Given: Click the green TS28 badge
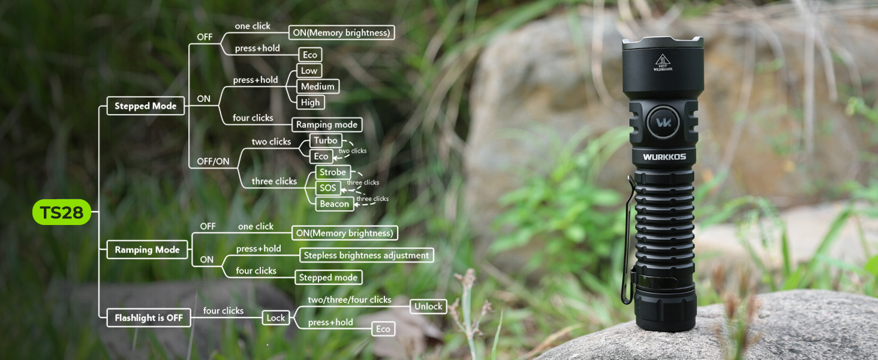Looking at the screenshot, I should click(61, 212).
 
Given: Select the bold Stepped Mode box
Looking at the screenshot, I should click(145, 106).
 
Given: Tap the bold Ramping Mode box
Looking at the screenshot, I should click(147, 250).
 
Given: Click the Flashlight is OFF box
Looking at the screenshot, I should click(148, 317).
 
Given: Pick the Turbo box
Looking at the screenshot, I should click(326, 140).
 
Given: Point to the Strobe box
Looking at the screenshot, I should click(332, 172).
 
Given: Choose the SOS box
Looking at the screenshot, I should click(327, 188).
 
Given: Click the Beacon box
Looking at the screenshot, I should click(334, 203).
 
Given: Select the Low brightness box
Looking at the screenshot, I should click(309, 71).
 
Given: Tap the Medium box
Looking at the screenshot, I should click(317, 86).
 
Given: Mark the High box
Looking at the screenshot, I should click(310, 103).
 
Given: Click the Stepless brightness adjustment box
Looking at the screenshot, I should click(366, 255).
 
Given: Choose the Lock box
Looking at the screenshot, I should click(275, 317).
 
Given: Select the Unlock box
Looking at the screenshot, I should click(428, 306).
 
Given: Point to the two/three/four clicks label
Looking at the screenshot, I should click(349, 299).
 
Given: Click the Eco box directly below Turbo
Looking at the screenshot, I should click(321, 156).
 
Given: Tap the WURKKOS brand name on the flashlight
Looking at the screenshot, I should click(664, 157).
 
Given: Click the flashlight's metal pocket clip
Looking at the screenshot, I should click(628, 240).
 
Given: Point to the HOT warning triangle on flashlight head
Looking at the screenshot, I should click(662, 59).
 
